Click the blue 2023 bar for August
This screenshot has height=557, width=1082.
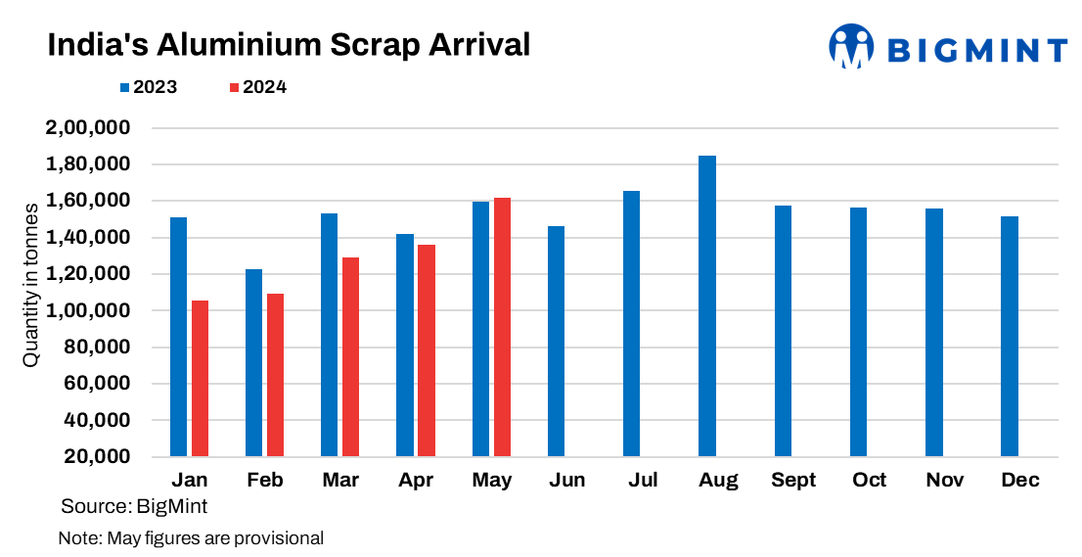click(x=707, y=306)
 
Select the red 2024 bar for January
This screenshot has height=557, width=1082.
click(x=200, y=378)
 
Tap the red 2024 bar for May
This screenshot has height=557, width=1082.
click(x=502, y=327)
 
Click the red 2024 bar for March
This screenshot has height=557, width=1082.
click(x=350, y=357)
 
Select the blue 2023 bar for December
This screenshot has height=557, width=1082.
click(x=1010, y=336)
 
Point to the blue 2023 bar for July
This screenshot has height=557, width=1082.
click(x=632, y=324)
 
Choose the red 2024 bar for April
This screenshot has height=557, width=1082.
click(x=427, y=350)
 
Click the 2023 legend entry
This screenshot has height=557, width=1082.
click(x=149, y=87)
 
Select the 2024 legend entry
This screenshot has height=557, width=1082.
click(x=257, y=87)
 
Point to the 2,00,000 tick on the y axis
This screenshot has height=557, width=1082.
click(x=88, y=128)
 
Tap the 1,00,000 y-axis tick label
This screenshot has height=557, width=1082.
click(x=88, y=310)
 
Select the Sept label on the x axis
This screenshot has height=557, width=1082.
click(x=793, y=480)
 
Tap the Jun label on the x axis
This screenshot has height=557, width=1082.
click(x=567, y=480)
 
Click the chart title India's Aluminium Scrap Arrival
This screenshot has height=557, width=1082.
click(x=289, y=45)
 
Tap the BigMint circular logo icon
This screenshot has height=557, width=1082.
click(x=851, y=47)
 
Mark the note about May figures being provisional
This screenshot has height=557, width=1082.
click(x=191, y=537)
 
